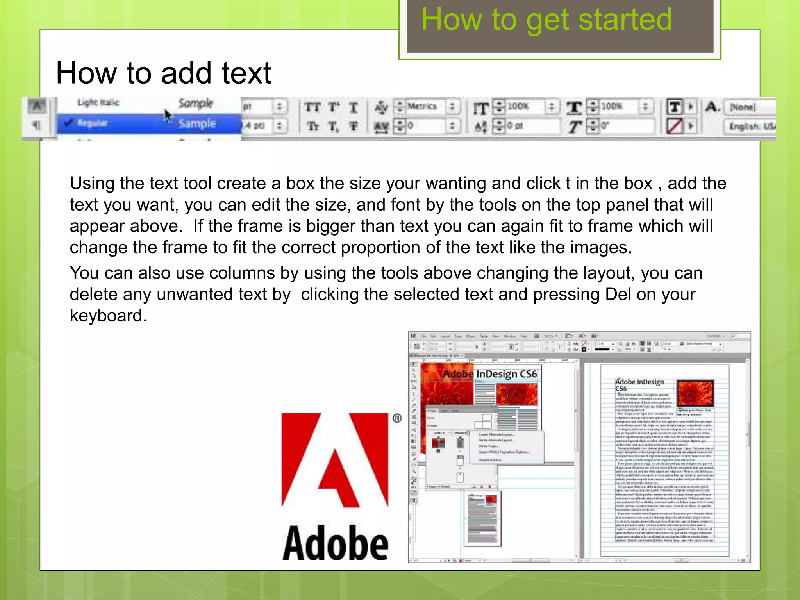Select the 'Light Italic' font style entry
[x=98, y=102]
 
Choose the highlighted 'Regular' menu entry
[x=92, y=123]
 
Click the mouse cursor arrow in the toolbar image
[x=168, y=116]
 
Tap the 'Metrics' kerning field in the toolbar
[x=422, y=106]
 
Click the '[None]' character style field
[x=743, y=107]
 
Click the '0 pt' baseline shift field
[x=515, y=126]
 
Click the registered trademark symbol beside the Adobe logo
[x=397, y=418]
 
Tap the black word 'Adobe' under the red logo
[x=335, y=543]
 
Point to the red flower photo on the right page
[x=695, y=393]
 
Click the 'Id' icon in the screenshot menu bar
[x=413, y=336]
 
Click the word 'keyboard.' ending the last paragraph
[x=108, y=316]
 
